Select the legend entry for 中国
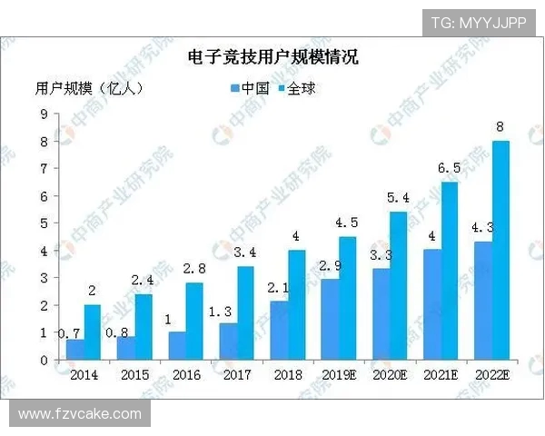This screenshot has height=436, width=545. (252, 88)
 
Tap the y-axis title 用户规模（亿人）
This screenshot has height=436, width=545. (89, 88)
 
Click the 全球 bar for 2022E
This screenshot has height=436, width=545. (500, 251)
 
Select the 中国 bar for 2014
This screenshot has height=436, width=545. (75, 350)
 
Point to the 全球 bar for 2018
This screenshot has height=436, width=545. (296, 305)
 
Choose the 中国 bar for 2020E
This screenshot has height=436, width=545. (381, 314)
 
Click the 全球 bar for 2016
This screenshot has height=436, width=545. (193, 322)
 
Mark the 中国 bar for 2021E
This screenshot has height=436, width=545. (432, 305)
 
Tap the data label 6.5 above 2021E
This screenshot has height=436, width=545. (449, 169)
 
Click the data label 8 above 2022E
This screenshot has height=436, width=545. (500, 127)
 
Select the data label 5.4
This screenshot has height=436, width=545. (398, 198)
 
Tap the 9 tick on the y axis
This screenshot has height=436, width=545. (44, 114)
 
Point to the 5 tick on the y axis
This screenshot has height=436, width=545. (44, 223)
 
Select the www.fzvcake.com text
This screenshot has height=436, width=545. (80, 414)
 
